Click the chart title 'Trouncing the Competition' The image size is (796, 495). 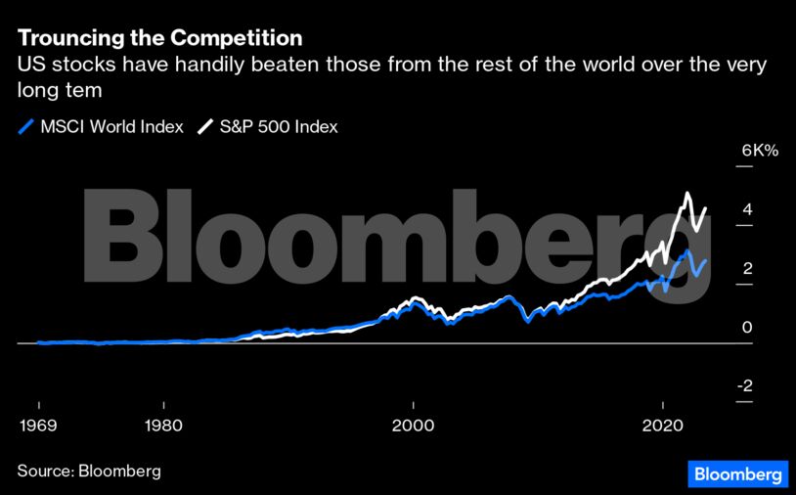click(159, 39)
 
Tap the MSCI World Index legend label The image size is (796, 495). click(111, 127)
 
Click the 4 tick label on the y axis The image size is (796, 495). click(746, 209)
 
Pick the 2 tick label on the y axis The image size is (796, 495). click(746, 268)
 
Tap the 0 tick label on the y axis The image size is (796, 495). click(746, 327)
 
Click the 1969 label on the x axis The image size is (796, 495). click(38, 426)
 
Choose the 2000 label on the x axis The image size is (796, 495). click(414, 426)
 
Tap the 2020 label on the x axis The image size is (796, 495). click(663, 426)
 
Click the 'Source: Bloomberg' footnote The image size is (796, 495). click(89, 471)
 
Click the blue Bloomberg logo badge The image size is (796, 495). click(738, 473)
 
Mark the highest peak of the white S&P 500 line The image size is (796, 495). click(688, 194)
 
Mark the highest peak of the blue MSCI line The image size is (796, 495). click(688, 252)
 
